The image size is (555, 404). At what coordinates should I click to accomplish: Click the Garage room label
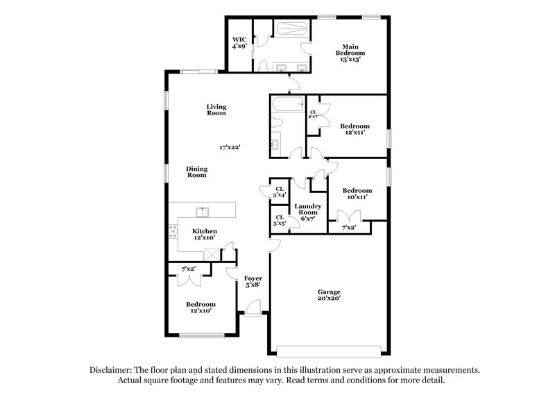tap(330, 295)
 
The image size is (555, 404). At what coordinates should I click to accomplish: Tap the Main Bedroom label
tap(350, 53)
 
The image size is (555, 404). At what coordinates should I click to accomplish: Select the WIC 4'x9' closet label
tap(239, 42)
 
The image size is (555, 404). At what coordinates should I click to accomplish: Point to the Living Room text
tap(216, 110)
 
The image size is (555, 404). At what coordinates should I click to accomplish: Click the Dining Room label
tap(197, 172)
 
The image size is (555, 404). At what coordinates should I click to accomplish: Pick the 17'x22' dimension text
tap(230, 147)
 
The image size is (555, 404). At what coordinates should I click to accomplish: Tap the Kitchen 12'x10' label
tap(205, 235)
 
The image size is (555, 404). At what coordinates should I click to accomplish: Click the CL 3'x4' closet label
tap(280, 192)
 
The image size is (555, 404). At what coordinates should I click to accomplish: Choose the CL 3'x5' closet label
tap(280, 221)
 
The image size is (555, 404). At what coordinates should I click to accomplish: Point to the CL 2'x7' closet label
tap(314, 115)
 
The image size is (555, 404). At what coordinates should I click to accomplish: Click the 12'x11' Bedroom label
tap(355, 130)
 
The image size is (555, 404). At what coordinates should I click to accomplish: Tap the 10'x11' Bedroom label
tap(357, 194)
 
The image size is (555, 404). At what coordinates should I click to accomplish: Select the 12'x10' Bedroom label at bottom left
tap(200, 308)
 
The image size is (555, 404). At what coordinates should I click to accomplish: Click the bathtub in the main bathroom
tap(288, 29)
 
